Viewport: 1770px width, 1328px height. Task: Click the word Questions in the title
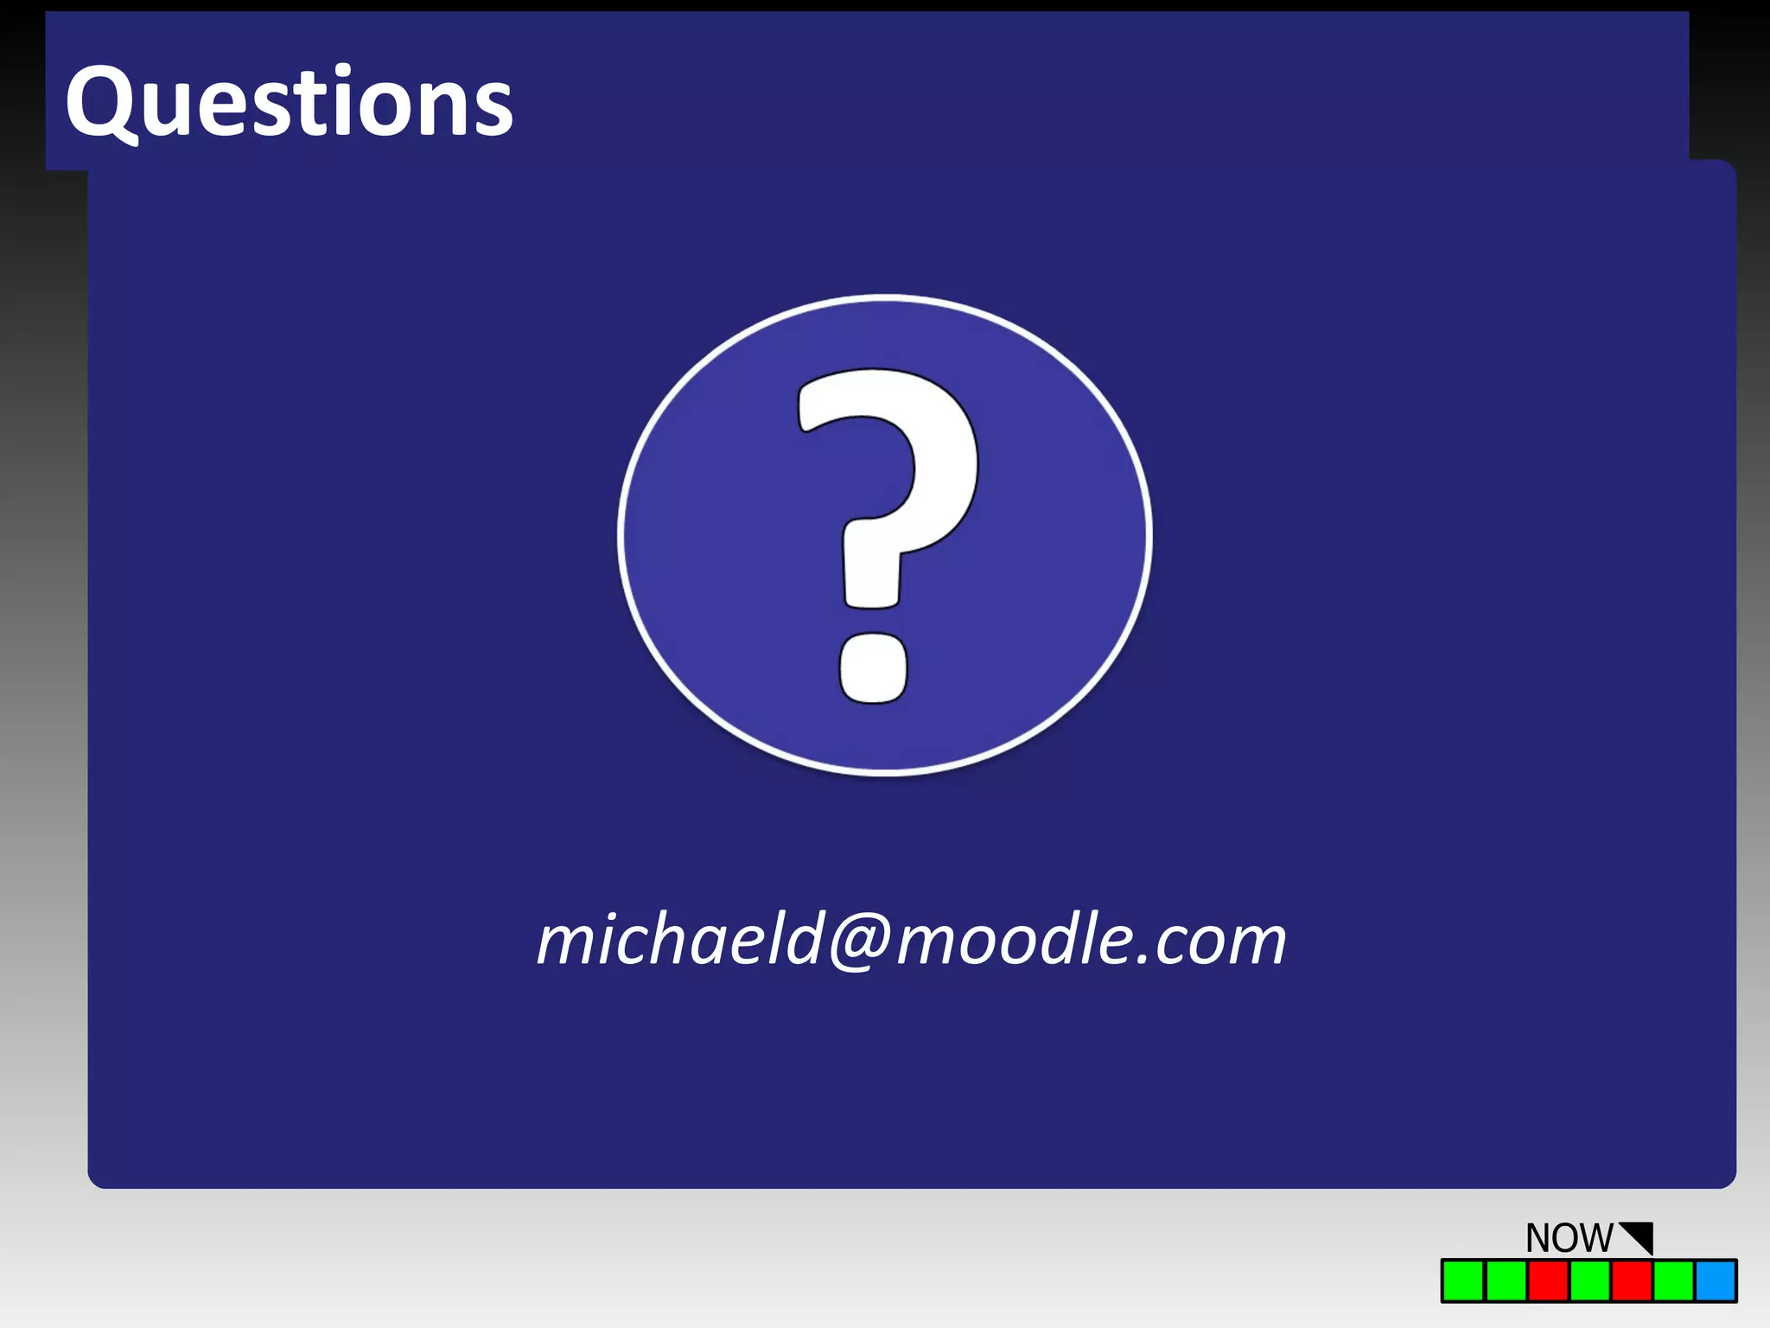point(290,104)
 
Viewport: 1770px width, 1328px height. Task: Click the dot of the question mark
point(874,667)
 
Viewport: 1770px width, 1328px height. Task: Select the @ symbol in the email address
point(860,941)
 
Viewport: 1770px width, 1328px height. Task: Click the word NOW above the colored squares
point(1569,1238)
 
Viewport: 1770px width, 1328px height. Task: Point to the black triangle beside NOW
point(1640,1235)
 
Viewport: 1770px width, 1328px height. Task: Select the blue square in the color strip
point(1716,1280)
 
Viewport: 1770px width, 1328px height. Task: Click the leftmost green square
point(1463,1280)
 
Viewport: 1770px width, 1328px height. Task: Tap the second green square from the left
point(1506,1280)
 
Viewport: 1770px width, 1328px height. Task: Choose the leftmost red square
point(1548,1280)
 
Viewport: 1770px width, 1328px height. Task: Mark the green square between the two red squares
point(1589,1280)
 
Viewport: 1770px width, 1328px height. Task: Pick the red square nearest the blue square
point(1632,1280)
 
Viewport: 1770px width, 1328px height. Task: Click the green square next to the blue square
point(1674,1280)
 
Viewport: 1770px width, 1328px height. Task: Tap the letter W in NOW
point(1595,1238)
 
